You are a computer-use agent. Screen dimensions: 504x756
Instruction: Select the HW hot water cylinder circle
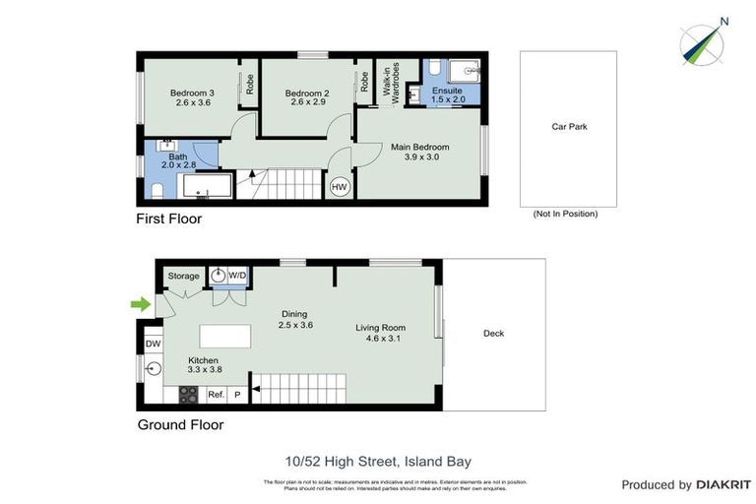coord(340,186)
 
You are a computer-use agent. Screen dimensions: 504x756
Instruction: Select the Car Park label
coord(569,127)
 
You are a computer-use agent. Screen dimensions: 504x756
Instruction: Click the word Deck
coord(493,334)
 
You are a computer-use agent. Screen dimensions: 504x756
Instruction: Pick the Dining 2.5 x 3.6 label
coord(294,319)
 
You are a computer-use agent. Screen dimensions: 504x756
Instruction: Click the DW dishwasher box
coord(153,344)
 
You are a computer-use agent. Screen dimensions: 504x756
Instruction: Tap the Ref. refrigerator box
coord(217,395)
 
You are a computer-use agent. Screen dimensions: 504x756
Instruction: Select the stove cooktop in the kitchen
coord(187,395)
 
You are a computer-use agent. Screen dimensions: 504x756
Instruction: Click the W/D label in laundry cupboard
coord(237,277)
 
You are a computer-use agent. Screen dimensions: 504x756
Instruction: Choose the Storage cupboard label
coord(183,277)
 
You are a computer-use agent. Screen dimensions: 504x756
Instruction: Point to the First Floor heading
coord(168,220)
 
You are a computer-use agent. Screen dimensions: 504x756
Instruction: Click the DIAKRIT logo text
coord(724,485)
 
